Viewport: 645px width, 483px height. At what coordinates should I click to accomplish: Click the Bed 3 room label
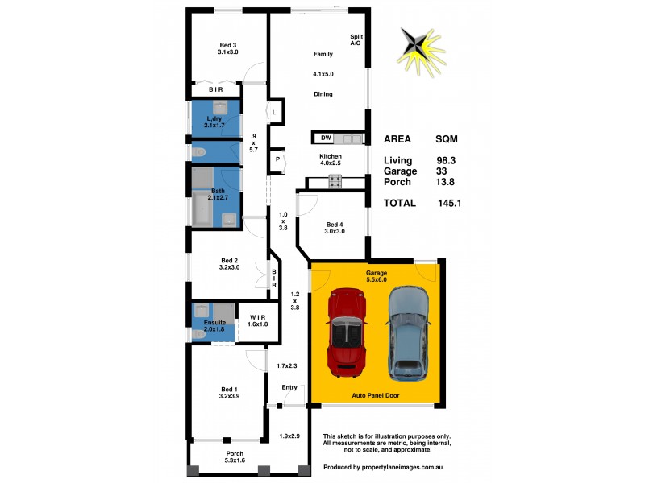coord(228,45)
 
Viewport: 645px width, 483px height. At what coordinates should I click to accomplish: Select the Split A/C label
coord(355,39)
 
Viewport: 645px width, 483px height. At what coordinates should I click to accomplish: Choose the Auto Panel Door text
coord(376,396)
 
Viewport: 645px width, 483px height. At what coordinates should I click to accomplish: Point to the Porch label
coord(235,453)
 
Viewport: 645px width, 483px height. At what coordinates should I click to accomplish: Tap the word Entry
coord(289,387)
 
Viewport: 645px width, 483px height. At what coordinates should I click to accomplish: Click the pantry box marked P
coord(277,159)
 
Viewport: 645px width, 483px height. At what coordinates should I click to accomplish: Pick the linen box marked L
coord(275,111)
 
